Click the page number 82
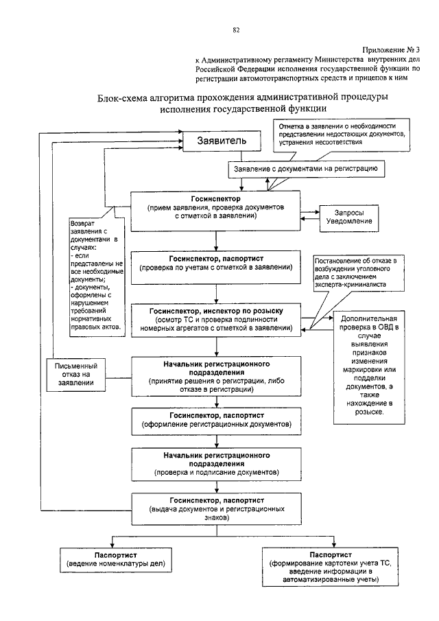click(237, 30)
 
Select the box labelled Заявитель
click(222, 141)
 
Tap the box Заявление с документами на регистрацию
click(307, 169)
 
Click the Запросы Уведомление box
click(348, 218)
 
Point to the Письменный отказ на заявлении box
click(76, 375)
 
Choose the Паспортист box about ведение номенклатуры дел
click(116, 560)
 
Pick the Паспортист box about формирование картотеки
click(330, 567)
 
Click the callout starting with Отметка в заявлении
click(341, 135)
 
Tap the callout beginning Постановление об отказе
click(359, 274)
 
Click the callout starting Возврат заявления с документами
click(97, 277)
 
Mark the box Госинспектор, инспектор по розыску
click(216, 320)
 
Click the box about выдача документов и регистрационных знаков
click(217, 509)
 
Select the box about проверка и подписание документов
click(217, 464)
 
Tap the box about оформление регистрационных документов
click(217, 421)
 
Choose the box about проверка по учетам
click(216, 268)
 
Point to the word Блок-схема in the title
click(123, 97)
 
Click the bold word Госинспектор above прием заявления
click(216, 199)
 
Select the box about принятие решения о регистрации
click(216, 377)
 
